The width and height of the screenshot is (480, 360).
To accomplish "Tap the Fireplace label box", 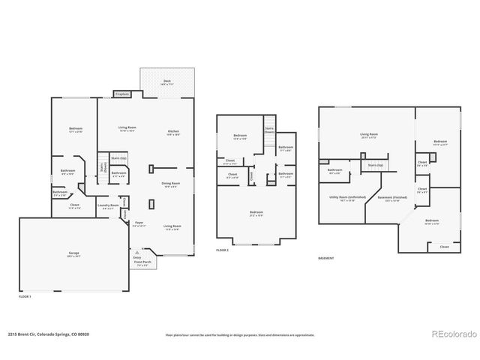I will tap(121, 94).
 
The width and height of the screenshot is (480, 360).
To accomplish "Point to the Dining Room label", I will tap(171, 184).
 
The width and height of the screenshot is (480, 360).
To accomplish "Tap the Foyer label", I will tap(139, 223).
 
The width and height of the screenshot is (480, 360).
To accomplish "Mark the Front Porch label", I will tap(142, 263).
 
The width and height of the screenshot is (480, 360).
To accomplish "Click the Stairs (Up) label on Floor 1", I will tap(118, 158).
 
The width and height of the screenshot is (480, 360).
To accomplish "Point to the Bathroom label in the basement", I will tap(335, 171).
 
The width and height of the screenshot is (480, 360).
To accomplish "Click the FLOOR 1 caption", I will tap(25, 296).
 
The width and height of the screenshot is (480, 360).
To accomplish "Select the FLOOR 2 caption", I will tap(223, 250).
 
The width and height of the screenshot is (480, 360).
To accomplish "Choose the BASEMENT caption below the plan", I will tap(326, 258).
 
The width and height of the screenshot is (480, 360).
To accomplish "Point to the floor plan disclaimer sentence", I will tap(239, 335).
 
